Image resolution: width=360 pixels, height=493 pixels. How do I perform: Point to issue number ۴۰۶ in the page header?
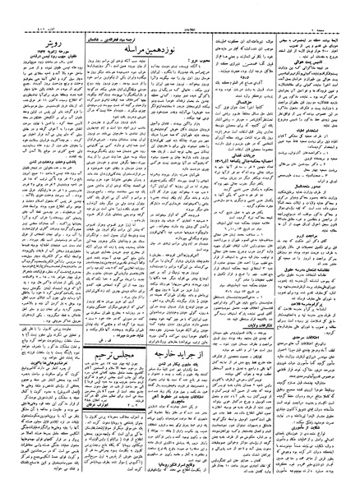click(x=21, y=10)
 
